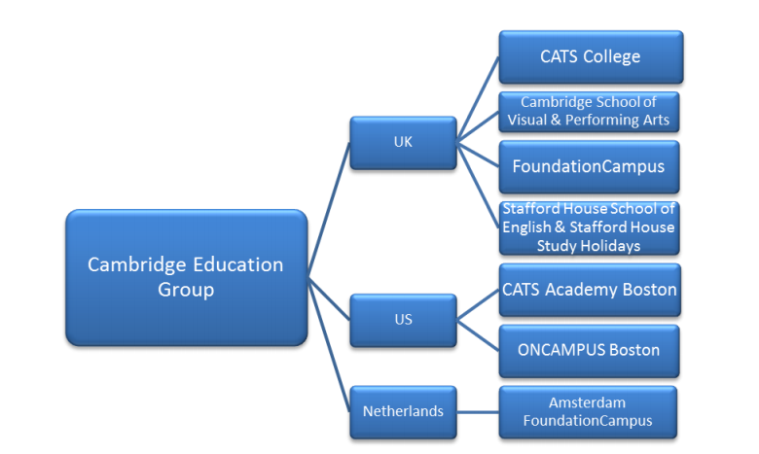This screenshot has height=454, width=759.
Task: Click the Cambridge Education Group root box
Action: (187, 277)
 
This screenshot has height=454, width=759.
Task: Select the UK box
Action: (403, 143)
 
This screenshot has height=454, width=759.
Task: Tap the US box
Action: (403, 320)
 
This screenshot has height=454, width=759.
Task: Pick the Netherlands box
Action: (403, 412)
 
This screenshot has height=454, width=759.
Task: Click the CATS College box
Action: (591, 57)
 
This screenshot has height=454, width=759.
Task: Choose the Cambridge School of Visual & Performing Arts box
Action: (589, 112)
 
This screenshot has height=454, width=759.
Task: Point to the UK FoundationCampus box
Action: (589, 167)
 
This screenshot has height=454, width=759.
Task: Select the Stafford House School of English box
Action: (589, 227)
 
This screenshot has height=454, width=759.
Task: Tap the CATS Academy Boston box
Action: (590, 290)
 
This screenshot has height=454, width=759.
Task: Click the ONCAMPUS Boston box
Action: (589, 351)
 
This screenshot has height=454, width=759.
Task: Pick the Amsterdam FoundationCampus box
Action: (588, 412)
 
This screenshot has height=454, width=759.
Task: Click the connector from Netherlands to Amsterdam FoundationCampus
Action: (478, 412)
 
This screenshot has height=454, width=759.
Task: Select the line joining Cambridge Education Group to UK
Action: (329, 210)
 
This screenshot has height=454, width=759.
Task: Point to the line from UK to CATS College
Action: (478, 99)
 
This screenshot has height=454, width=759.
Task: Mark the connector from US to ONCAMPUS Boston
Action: (478, 335)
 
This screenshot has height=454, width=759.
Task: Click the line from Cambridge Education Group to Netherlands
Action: (329, 345)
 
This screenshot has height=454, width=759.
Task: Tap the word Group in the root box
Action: (186, 290)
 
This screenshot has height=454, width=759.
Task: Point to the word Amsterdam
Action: (587, 402)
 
